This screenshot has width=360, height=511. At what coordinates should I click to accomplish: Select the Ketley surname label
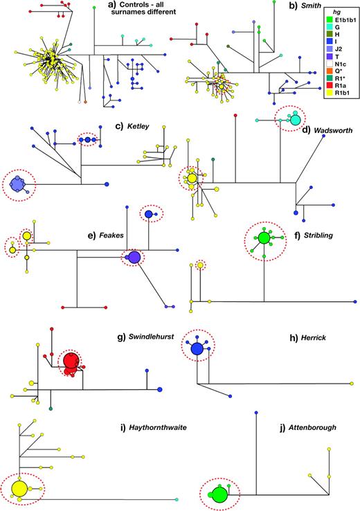tap(138, 126)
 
